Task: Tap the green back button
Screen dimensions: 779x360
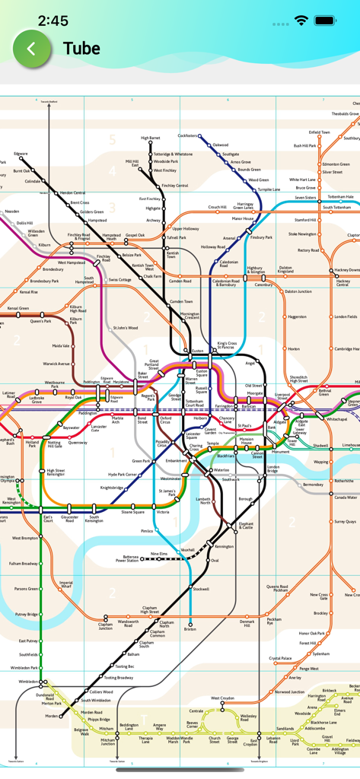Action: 31,49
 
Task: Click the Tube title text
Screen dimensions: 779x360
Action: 81,49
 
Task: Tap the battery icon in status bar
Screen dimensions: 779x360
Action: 325,21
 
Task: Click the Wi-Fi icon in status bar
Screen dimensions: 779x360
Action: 301,21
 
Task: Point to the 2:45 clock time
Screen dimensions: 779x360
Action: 53,21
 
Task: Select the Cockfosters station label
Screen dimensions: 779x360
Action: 187,135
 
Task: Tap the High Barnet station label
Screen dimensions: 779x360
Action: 151,138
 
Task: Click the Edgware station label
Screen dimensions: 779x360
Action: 20,154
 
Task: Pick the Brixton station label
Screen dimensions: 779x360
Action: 190,629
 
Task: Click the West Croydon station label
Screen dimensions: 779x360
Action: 222,698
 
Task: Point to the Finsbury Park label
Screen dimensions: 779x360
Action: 261,237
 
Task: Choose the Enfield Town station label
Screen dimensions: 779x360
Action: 320,132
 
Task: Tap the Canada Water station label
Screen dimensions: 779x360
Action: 345,498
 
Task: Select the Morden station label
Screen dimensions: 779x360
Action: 51,716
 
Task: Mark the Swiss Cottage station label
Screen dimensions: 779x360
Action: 119,280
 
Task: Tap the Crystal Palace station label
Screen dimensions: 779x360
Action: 280,658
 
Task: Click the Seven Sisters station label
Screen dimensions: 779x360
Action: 305,198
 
